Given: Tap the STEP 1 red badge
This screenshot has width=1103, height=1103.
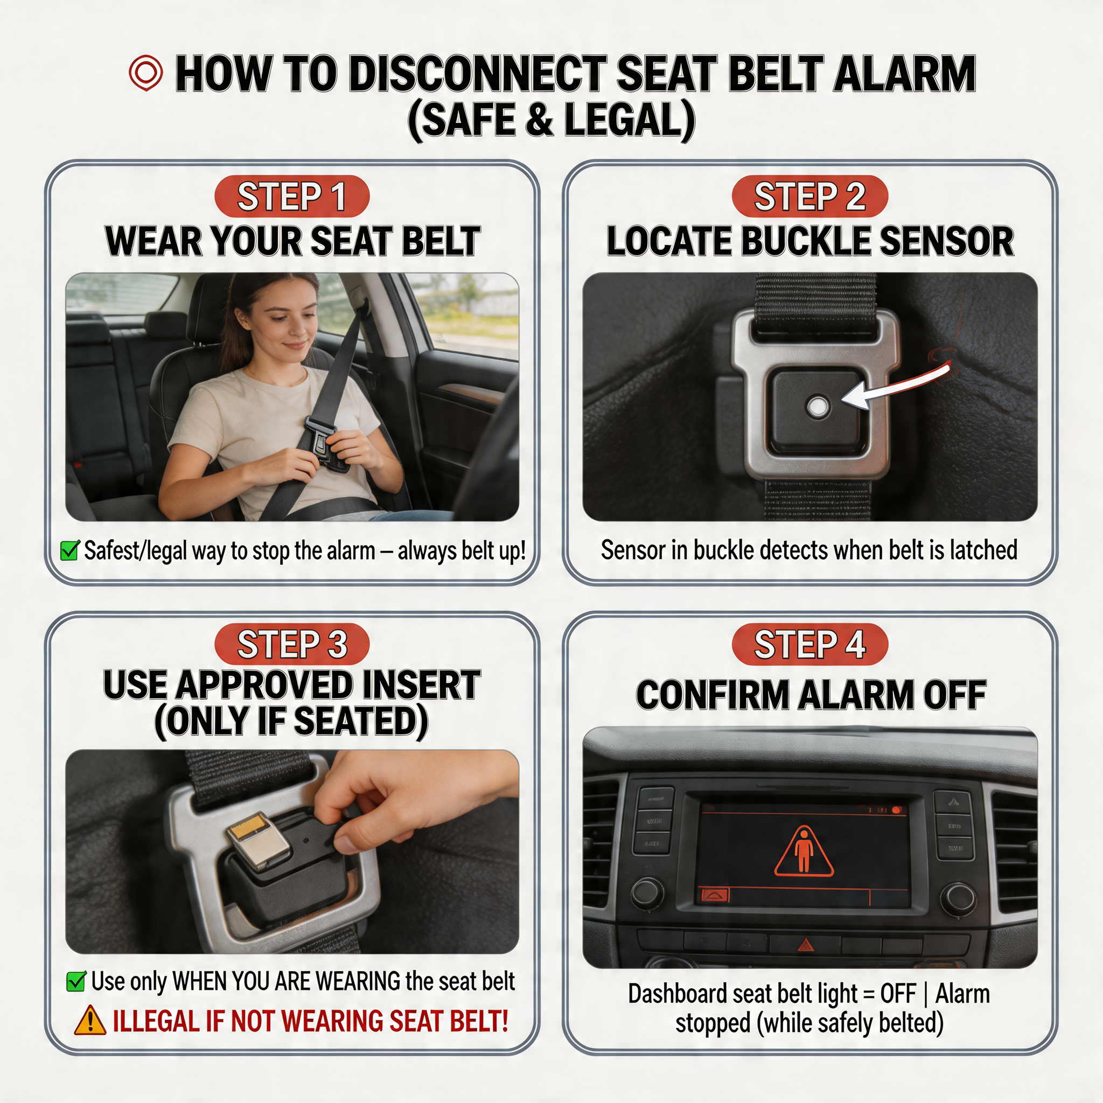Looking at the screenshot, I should pyautogui.click(x=292, y=196).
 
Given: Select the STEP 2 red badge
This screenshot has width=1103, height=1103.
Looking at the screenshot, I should pyautogui.click(x=809, y=196).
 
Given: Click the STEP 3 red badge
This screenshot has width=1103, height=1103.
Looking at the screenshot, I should pyautogui.click(x=292, y=644).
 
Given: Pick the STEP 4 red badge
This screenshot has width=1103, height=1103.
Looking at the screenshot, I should pyautogui.click(x=809, y=644).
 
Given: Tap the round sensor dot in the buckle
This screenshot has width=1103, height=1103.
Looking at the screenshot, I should pyautogui.click(x=818, y=407).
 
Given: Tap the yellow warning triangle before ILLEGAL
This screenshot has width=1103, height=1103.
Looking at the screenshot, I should pyautogui.click(x=89, y=1021).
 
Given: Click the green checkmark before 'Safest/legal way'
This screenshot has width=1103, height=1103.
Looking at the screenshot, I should pyautogui.click(x=69, y=550).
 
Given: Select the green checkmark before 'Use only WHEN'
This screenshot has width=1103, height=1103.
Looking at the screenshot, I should pyautogui.click(x=76, y=981).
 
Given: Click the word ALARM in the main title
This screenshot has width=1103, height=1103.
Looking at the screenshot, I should pyautogui.click(x=904, y=74).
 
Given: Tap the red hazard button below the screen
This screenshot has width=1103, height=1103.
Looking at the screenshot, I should pyautogui.click(x=805, y=945).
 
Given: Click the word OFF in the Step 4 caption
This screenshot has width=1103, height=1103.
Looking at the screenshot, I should pyautogui.click(x=897, y=994).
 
